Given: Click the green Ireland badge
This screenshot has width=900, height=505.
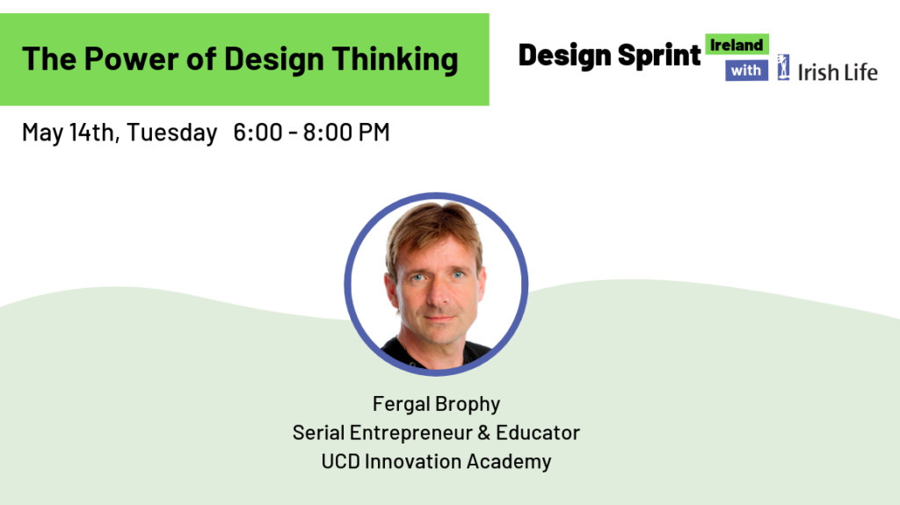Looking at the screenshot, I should point(737,45).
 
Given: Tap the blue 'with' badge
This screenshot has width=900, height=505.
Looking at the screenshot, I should point(746,70).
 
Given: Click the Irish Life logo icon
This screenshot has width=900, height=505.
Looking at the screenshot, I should point(783,68).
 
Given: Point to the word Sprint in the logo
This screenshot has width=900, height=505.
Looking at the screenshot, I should point(657,55).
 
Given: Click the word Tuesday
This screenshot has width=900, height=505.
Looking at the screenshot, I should point(173,133).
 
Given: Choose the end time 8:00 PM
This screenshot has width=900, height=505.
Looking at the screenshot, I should point(346,133).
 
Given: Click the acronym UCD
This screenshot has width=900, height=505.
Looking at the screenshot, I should point(340,461).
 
